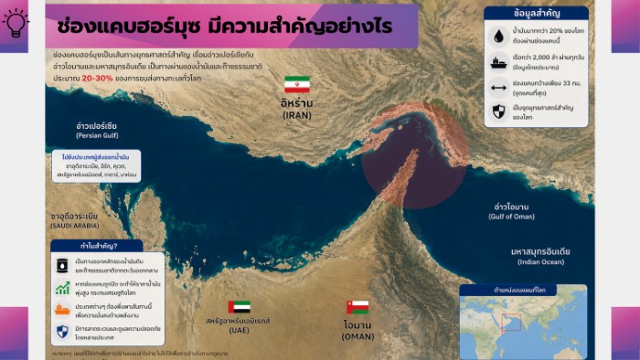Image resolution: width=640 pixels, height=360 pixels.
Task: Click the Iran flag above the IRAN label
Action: click(x=297, y=85)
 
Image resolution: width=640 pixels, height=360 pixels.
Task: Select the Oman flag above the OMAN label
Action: click(x=357, y=307)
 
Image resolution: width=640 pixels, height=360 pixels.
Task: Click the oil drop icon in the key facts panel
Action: click(x=498, y=36)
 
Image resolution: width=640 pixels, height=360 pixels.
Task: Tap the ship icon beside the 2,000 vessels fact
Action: click(x=498, y=64)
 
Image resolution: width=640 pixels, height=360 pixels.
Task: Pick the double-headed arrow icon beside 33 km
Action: click(x=498, y=89)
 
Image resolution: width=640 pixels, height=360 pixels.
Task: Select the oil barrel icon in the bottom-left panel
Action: click(x=62, y=265)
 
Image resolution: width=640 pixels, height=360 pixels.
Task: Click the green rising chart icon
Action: click(x=62, y=288)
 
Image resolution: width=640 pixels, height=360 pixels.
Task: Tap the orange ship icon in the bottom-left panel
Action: click(x=62, y=310)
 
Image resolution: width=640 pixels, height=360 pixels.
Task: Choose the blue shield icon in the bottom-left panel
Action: click(x=62, y=331)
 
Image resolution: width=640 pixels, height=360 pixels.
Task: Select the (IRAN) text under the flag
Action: click(x=297, y=116)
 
